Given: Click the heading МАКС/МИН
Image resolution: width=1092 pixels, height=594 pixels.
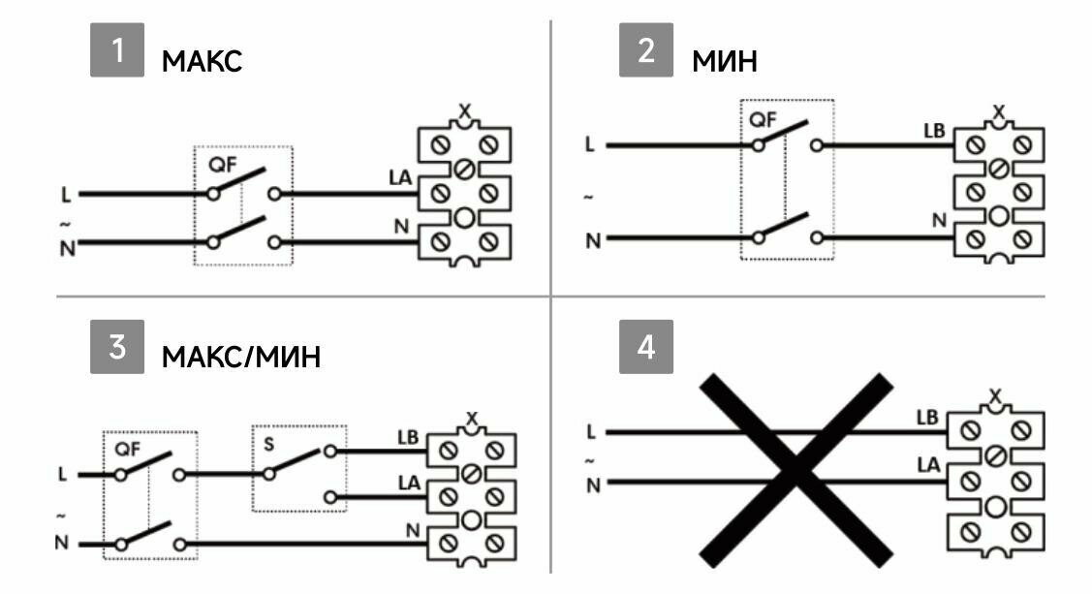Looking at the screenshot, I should click(240, 358).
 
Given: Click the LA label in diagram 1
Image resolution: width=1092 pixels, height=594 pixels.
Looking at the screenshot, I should click(400, 178).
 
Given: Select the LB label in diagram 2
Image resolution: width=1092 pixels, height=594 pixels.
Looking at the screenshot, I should click(933, 131).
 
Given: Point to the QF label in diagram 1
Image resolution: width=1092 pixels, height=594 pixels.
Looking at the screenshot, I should click(222, 165).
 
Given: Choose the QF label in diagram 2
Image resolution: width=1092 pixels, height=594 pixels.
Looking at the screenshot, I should click(763, 120).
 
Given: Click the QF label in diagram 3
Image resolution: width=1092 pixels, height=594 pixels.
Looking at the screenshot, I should click(128, 450).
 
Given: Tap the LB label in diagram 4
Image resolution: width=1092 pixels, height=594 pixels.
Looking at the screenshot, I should click(928, 418).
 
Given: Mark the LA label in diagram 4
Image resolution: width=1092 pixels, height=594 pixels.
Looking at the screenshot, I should click(928, 465).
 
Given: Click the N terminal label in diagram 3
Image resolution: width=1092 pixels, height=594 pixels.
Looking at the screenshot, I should click(413, 530).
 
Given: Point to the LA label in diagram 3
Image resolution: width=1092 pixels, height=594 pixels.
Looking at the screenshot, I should click(410, 482).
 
